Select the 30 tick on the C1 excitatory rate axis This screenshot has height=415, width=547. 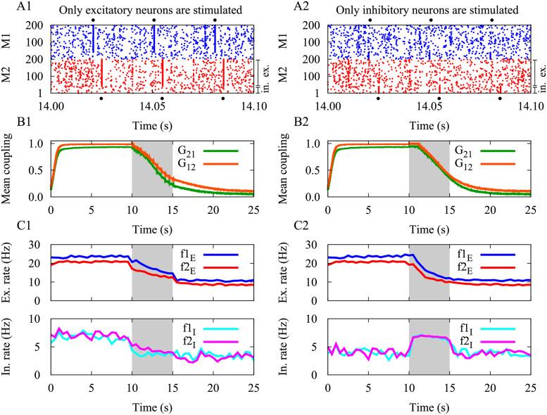pos(36,243)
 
